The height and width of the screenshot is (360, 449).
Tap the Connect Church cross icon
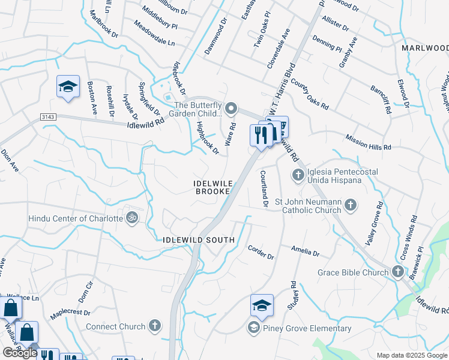[x=155, y=326]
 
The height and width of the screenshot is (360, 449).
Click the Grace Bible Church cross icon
[x=397, y=272]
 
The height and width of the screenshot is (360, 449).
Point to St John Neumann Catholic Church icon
[x=351, y=206]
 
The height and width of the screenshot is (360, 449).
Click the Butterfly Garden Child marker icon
[x=231, y=108]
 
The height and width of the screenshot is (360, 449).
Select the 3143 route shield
[x=49, y=116]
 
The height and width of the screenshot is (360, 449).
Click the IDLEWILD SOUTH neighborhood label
[x=199, y=240]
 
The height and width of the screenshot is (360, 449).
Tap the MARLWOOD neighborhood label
[x=425, y=47]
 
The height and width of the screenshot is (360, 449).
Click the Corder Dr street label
[x=261, y=252]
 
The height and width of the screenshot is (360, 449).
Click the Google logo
[x=20, y=353]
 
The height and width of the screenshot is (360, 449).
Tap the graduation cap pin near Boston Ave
[x=68, y=87]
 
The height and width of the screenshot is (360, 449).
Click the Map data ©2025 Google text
[x=412, y=355]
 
